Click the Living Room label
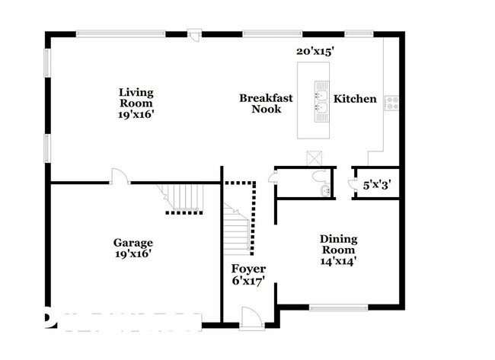click(x=136, y=104)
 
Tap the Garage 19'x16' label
click(x=133, y=248)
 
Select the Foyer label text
click(x=248, y=269)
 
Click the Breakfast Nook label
click(x=266, y=104)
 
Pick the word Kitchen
click(x=355, y=99)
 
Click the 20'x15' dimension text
click(x=315, y=51)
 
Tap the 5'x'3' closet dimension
click(x=377, y=185)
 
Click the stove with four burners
click(x=391, y=103)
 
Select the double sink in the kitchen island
click(x=321, y=101)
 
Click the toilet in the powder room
click(x=319, y=176)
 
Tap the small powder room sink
click(x=325, y=190)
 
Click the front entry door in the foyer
click(x=251, y=318)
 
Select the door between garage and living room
click(x=120, y=176)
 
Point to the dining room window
click(x=338, y=307)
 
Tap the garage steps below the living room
click(x=183, y=196)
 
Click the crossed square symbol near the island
click(x=315, y=158)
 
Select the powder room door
click(x=273, y=177)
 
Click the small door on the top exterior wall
click(x=194, y=34)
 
